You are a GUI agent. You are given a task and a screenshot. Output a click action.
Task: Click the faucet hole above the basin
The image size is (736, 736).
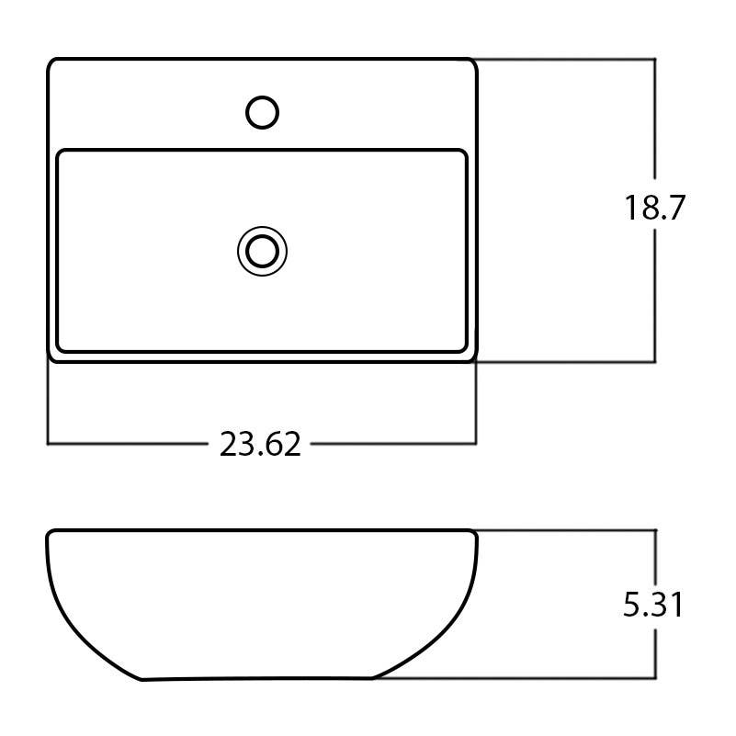tap(263, 112)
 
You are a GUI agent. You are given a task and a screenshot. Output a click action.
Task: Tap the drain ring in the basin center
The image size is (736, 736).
tap(263, 250)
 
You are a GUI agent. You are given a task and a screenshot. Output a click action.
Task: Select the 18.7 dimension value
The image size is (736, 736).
tap(655, 209)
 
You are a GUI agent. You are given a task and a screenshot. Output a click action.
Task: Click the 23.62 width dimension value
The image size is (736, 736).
tap(260, 445)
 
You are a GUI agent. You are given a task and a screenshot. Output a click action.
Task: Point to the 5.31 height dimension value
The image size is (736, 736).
tap(653, 606)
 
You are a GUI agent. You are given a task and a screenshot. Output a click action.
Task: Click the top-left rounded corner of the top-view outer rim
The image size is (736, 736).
tap(52, 64)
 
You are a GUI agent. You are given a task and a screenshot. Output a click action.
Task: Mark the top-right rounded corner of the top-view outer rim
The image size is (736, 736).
tap(471, 64)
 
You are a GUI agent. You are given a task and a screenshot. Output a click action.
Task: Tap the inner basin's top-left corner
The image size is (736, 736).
tap(62, 154)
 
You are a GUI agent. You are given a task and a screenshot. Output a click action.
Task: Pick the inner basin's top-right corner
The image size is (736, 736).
tap(464, 154)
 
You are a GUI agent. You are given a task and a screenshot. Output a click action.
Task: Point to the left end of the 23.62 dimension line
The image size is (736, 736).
tap(48, 444)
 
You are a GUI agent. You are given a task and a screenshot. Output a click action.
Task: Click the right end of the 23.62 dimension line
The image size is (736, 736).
tap(476, 444)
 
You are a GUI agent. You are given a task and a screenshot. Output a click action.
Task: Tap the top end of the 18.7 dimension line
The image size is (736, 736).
tap(655, 60)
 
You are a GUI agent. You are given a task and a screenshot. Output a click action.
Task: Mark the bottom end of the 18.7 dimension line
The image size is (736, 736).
tap(655, 362)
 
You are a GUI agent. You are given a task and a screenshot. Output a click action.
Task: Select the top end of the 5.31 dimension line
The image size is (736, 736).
tap(655, 530)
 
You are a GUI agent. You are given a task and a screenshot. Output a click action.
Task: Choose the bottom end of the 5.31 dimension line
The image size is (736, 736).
tap(655, 679)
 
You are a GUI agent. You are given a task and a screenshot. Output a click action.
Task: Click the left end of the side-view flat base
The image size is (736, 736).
tap(142, 680)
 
